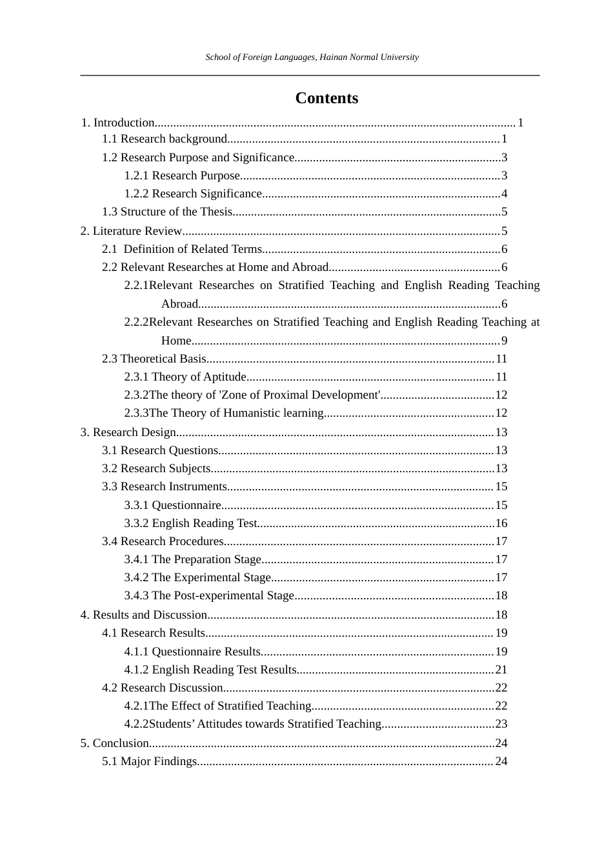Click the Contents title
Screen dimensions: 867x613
(x=327, y=98)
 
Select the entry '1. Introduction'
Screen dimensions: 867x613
(x=118, y=123)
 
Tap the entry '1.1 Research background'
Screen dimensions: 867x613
(x=165, y=139)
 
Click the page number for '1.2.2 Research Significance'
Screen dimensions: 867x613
(x=504, y=194)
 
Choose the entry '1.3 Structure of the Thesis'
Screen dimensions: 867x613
(x=166, y=212)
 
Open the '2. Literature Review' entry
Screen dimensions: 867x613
(x=132, y=231)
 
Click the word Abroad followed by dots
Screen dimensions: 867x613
(x=179, y=304)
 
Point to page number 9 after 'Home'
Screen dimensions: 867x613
(x=504, y=341)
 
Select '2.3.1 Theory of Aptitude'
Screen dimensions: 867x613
(x=185, y=377)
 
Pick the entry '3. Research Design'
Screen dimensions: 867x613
(x=128, y=432)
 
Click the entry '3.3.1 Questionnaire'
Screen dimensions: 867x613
(x=173, y=505)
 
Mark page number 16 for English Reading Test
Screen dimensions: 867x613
(x=501, y=523)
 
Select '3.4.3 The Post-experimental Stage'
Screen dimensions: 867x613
(x=209, y=595)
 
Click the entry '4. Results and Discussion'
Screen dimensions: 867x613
(x=143, y=615)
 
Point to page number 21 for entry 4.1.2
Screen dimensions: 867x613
(x=501, y=670)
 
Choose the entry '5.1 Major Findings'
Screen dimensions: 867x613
(x=149, y=761)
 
